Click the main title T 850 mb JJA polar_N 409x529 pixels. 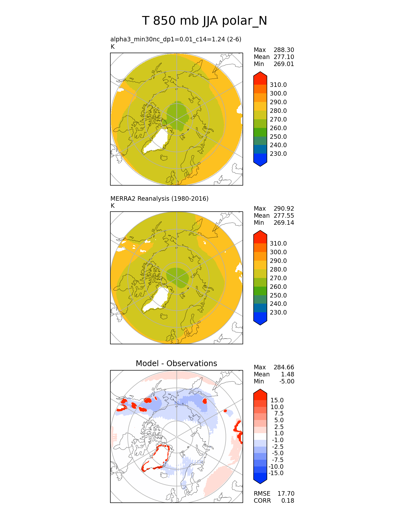coord(204,21)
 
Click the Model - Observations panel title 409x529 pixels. coord(176,363)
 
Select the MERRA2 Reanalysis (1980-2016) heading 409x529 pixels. coord(159,198)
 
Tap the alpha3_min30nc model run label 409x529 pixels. coord(175,39)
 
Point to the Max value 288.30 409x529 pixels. coord(284,50)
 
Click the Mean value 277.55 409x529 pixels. coord(284,215)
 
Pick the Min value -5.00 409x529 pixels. coord(286,381)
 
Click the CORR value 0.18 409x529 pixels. coord(288,500)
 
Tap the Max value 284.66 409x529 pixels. coord(284,367)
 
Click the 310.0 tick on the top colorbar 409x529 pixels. coord(278,85)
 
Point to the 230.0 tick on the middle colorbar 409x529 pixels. coord(278,312)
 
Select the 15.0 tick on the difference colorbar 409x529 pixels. coord(277,400)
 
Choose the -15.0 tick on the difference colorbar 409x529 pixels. coord(276,473)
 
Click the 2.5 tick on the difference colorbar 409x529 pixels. coord(279,427)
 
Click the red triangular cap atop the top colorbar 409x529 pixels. coord(260,77)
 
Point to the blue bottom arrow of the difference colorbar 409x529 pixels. coord(260,479)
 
